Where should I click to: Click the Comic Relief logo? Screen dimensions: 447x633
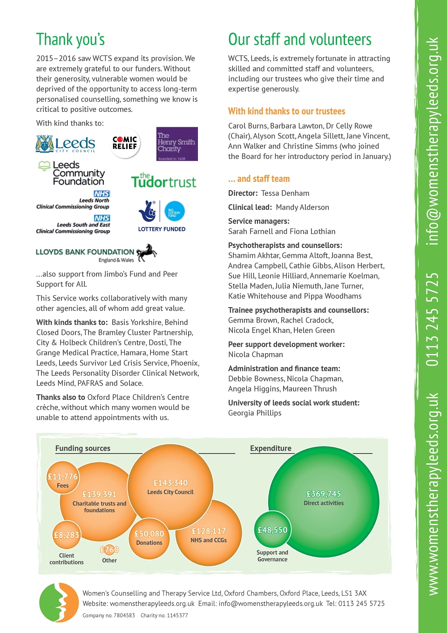125,143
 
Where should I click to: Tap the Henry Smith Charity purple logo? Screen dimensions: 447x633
177,144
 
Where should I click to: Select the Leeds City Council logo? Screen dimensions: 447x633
65,144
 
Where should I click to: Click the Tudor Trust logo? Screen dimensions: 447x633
163,180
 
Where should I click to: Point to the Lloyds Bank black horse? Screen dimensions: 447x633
147,253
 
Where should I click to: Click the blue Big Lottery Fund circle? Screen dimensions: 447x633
175,211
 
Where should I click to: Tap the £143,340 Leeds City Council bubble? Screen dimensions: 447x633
170,487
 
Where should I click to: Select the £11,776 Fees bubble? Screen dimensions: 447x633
63,478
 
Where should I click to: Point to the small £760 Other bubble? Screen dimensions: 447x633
109,550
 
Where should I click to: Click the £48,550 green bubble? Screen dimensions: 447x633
272,530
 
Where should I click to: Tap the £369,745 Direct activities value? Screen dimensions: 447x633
324,494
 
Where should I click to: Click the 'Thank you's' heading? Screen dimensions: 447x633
70,39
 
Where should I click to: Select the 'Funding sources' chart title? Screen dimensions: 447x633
83,448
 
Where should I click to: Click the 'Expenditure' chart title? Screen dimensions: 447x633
271,448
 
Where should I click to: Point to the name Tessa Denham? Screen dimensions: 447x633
285,193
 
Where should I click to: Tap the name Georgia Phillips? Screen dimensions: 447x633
255,413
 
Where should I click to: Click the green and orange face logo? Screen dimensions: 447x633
59,603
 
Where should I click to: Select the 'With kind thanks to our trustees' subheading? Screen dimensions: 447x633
286,111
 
